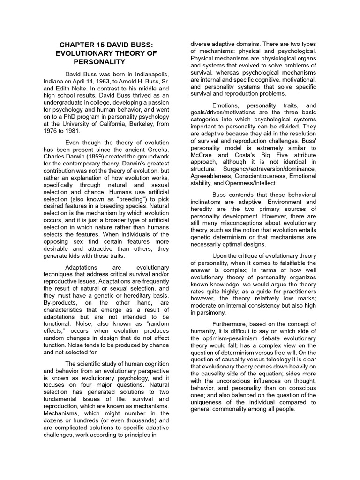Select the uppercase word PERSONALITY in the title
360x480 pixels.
click(99, 62)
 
